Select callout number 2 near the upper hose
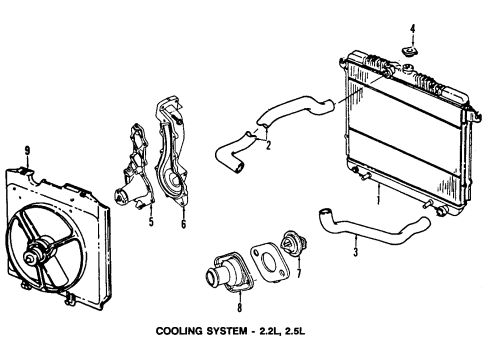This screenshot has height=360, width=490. click(x=268, y=146)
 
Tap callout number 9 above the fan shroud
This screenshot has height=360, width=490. click(x=28, y=151)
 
